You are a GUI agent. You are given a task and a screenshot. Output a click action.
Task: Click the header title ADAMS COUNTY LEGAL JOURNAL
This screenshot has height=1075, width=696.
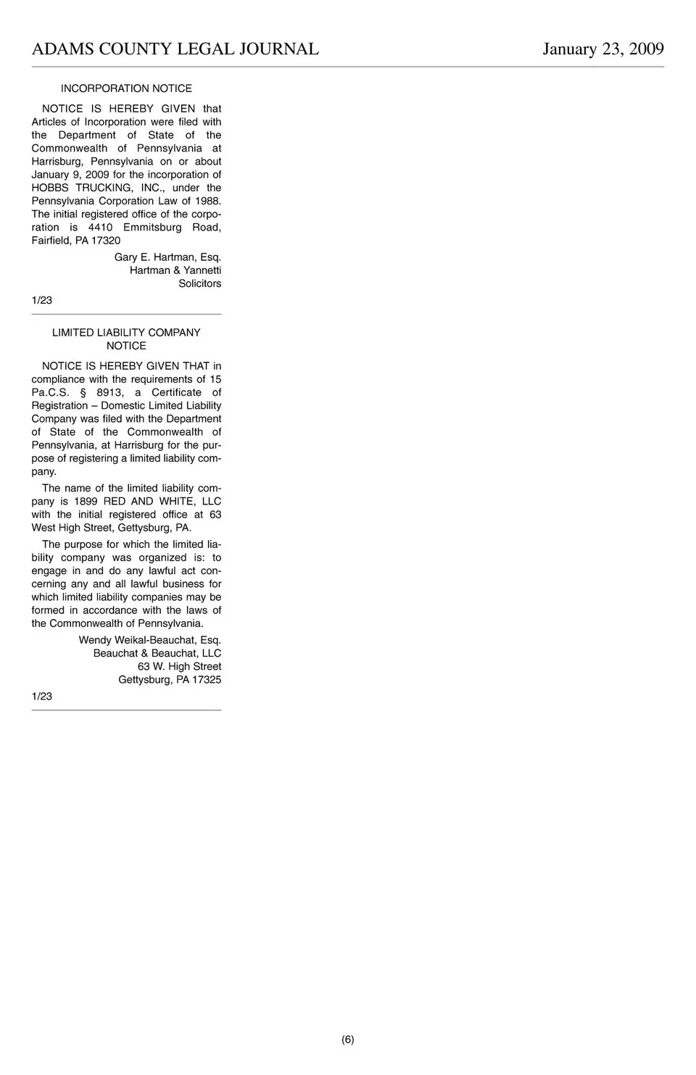pos(175,49)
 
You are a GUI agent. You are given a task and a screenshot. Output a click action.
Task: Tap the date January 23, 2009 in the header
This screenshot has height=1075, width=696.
pos(603,49)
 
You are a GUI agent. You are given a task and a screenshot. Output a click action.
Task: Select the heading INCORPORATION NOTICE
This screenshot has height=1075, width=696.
pos(126,88)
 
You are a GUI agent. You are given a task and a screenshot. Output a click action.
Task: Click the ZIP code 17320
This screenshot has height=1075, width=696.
pos(106,241)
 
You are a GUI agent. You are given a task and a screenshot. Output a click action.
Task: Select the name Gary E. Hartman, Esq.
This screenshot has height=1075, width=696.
pos(167,257)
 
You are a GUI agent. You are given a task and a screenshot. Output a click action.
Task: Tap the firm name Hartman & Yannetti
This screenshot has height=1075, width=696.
pos(175,270)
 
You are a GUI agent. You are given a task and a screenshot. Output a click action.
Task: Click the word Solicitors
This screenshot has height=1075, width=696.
pos(199,283)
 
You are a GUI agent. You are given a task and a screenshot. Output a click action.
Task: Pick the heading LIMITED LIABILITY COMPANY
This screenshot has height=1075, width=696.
pos(126,333)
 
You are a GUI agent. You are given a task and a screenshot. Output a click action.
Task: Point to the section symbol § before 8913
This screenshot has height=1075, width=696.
pos(83,393)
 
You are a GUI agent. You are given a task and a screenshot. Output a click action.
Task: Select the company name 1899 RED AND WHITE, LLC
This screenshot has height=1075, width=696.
pos(147,502)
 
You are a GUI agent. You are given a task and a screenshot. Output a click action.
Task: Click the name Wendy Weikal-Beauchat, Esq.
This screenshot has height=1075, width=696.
pos(149,640)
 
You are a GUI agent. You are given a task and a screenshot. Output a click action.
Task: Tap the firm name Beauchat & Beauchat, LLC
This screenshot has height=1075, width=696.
pos(157,653)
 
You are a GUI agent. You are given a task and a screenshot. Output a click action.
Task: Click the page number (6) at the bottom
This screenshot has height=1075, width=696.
pos(348,1039)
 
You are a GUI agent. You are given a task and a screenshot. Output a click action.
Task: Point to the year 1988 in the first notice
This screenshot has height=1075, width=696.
pos(207,201)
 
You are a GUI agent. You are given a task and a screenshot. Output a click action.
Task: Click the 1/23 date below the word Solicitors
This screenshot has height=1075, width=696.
pos(42,300)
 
